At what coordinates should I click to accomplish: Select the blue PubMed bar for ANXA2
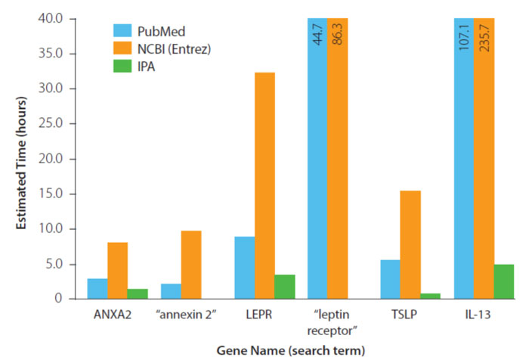pos(97,288)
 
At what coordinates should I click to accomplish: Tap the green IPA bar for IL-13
pos(504,281)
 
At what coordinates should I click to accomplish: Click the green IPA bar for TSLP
pos(431,296)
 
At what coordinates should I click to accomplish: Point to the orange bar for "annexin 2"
pos(191,265)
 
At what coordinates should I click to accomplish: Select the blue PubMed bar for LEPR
pos(244,268)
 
